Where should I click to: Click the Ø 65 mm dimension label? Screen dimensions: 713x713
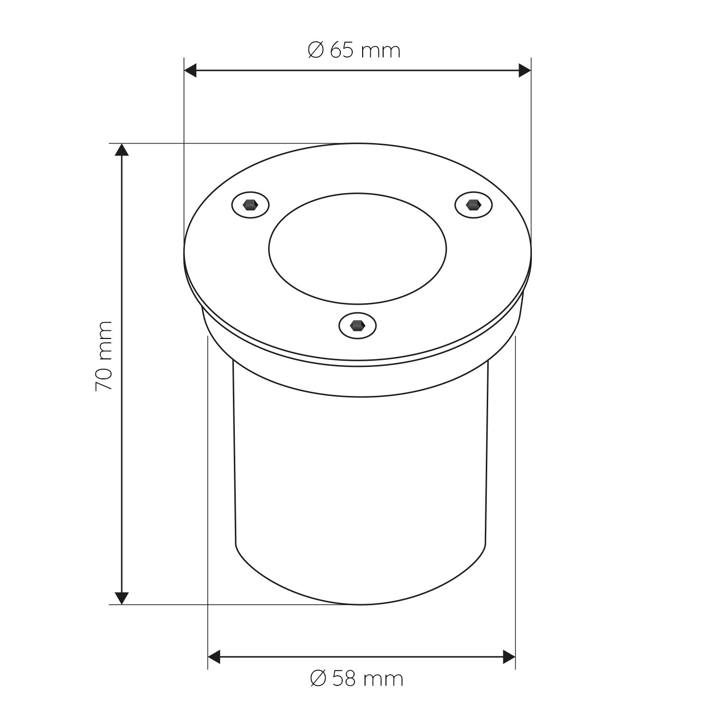click(x=354, y=50)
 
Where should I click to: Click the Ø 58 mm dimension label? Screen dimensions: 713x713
click(x=356, y=678)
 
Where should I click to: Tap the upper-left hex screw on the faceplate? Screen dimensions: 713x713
click(x=251, y=205)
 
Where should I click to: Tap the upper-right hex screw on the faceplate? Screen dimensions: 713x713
click(x=473, y=205)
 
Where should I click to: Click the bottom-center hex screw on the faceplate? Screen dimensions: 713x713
click(x=357, y=326)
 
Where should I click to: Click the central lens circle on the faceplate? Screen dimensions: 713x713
click(x=357, y=248)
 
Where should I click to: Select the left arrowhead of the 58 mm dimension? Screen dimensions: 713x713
click(x=214, y=658)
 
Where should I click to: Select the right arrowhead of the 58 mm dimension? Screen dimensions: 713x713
click(x=510, y=658)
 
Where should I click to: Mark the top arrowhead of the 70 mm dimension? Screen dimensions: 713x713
click(x=122, y=149)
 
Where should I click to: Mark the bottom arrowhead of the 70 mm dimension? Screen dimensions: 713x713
click(x=122, y=598)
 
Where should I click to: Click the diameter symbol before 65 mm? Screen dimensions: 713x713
click(x=316, y=50)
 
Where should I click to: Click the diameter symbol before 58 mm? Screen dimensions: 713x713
click(x=318, y=678)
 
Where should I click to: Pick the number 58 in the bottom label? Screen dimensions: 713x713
click(x=344, y=678)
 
